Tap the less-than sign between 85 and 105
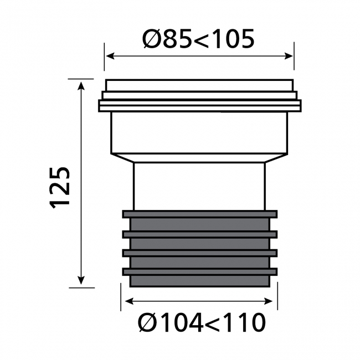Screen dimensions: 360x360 pyautogui.click(x=200, y=39)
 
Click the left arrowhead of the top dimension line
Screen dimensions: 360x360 pyautogui.click(x=109, y=55)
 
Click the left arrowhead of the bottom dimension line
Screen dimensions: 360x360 pyautogui.click(x=127, y=301)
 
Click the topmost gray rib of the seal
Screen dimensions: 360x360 pyautogui.click(x=199, y=214)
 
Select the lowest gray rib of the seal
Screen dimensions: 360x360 pyautogui.click(x=199, y=271)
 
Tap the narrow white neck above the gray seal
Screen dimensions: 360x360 pyautogui.click(x=199, y=186)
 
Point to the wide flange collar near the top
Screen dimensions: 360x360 pyautogui.click(x=199, y=105)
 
